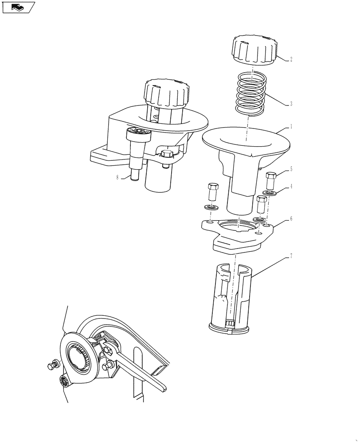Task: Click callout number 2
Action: point(291,59)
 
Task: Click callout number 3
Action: point(291,105)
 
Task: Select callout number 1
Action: point(291,127)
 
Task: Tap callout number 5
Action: point(291,169)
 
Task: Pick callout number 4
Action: point(291,187)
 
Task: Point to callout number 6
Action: point(291,219)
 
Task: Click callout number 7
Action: point(291,256)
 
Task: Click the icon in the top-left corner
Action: point(18,7)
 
